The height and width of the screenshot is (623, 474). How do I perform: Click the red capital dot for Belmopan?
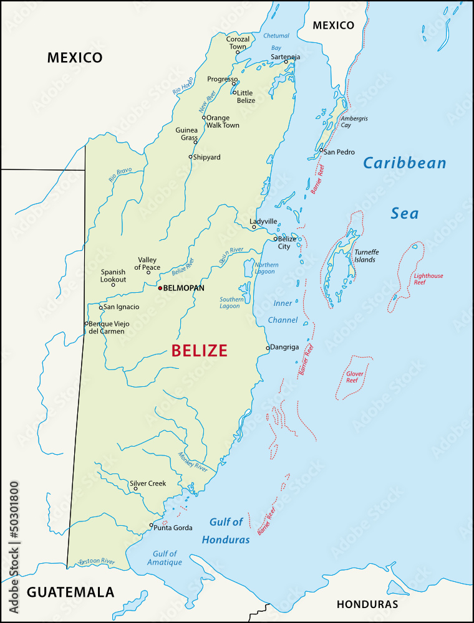(x=160, y=288)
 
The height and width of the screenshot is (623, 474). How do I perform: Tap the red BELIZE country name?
(x=200, y=351)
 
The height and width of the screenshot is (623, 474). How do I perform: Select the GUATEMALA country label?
(x=70, y=592)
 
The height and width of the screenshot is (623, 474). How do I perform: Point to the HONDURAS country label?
(x=367, y=604)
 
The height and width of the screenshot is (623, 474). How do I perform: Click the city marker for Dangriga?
(x=268, y=348)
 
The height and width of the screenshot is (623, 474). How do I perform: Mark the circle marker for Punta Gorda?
(x=151, y=525)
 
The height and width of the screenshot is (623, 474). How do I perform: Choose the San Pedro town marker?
(x=321, y=150)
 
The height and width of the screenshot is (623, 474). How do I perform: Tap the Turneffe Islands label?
(x=366, y=256)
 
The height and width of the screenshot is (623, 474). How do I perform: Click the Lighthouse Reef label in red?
(x=428, y=279)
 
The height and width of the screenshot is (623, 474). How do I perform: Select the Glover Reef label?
(x=355, y=376)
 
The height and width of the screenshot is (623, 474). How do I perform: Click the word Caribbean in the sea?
(x=405, y=163)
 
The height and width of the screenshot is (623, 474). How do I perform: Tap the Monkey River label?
(x=192, y=461)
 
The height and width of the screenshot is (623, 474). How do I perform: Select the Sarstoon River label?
(x=97, y=562)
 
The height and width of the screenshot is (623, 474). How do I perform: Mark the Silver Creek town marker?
(x=135, y=488)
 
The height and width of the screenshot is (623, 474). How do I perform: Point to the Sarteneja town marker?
(x=286, y=61)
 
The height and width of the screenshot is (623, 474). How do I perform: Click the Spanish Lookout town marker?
(x=113, y=285)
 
